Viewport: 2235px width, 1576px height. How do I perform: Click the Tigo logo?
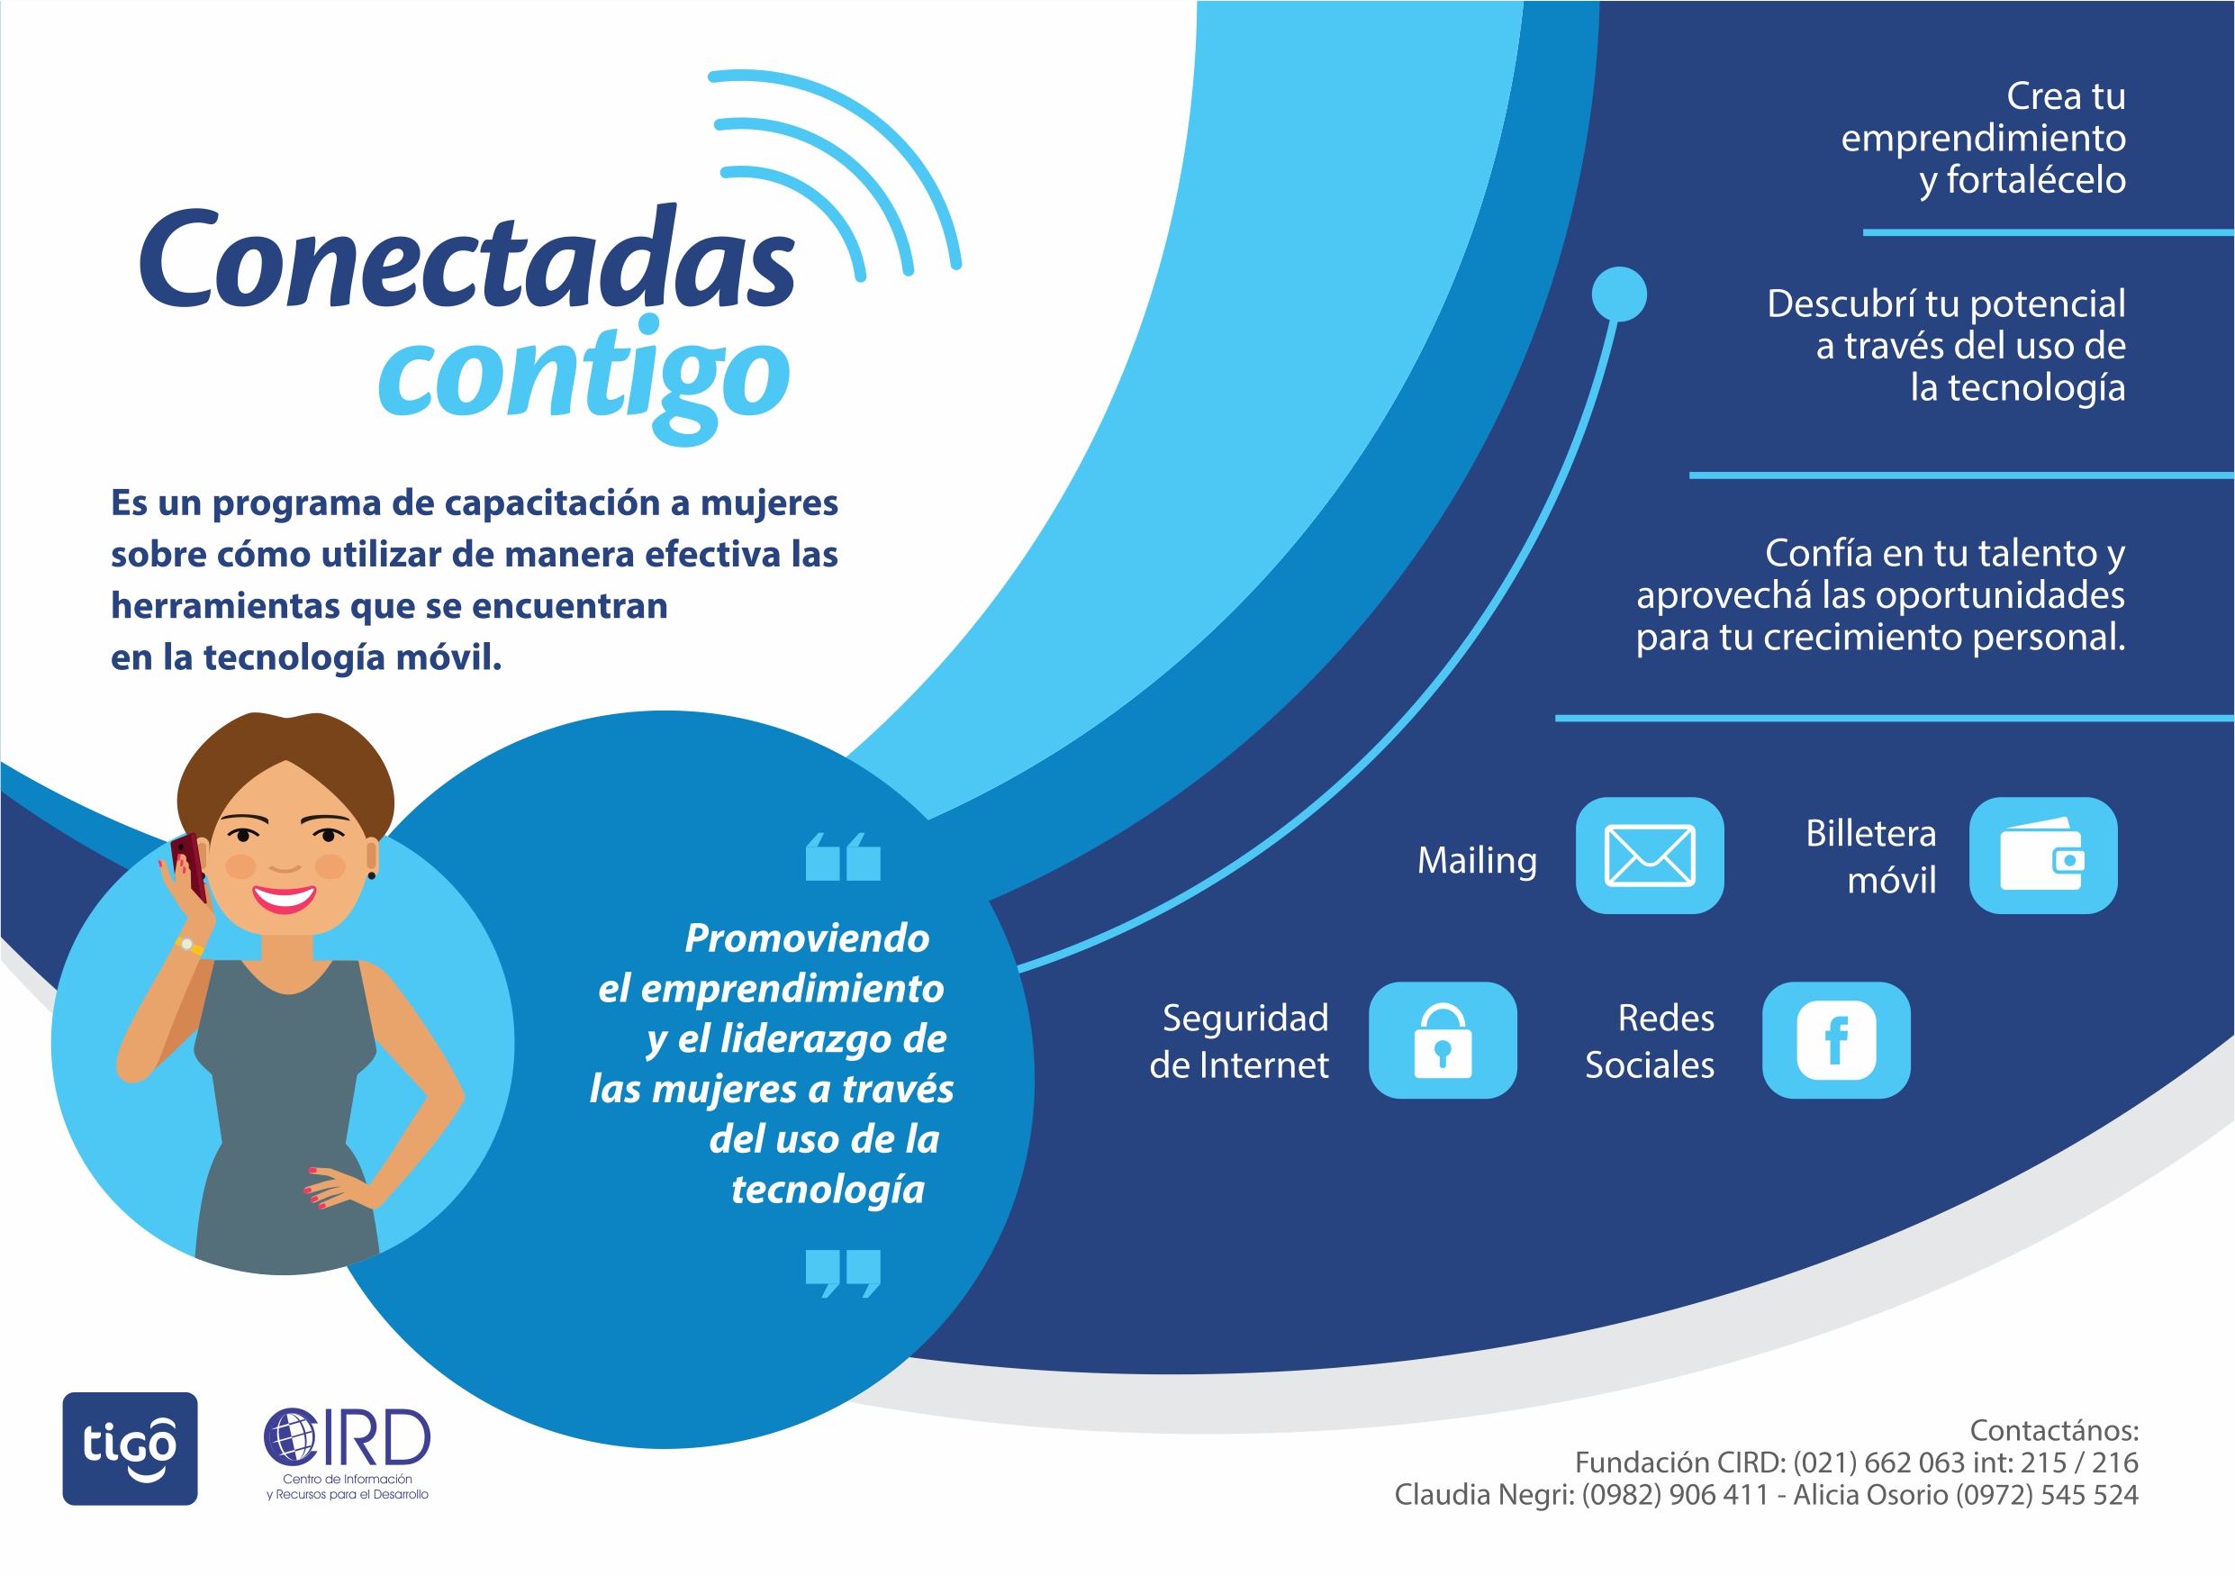click(x=131, y=1447)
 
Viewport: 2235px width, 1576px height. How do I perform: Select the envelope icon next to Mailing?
click(x=1649, y=855)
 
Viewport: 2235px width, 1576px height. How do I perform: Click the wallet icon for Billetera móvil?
click(x=2042, y=855)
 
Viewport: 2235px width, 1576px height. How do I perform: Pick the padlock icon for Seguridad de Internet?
click(x=1443, y=1039)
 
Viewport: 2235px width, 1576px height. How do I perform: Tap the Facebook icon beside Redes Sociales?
click(x=1836, y=1039)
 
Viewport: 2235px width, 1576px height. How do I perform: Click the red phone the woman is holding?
click(x=190, y=865)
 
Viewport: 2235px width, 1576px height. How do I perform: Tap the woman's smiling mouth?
click(x=285, y=898)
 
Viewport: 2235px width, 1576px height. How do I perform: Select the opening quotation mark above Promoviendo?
click(x=843, y=856)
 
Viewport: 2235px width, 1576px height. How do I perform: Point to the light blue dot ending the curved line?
click(x=1619, y=294)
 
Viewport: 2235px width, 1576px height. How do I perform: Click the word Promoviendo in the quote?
click(x=807, y=938)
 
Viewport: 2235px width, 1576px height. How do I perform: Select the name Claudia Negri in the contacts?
click(x=1482, y=1495)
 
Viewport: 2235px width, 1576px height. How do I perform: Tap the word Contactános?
click(x=2054, y=1430)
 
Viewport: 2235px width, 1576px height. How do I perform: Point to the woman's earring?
click(x=371, y=875)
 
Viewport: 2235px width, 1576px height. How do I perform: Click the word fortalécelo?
click(x=2035, y=181)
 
